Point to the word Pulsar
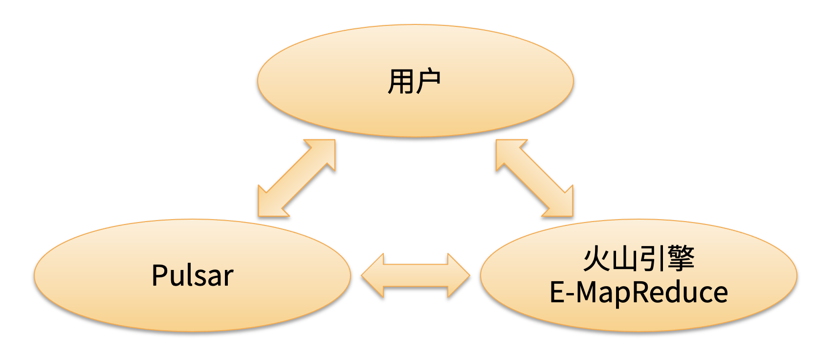click(x=192, y=275)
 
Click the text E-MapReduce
click(x=639, y=292)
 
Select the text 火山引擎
click(x=639, y=259)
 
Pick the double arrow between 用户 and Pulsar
click(x=297, y=178)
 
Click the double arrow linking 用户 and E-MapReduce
click(x=534, y=178)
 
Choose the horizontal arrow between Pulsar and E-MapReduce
click(x=416, y=275)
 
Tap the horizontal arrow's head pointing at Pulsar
click(x=374, y=275)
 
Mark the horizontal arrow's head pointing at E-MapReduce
click(x=458, y=275)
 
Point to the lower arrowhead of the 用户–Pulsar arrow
click(x=270, y=204)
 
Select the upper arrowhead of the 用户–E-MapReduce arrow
click(x=508, y=152)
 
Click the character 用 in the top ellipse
click(x=401, y=82)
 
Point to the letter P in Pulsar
click(x=160, y=275)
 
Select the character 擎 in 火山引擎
click(x=681, y=259)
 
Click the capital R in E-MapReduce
click(x=641, y=292)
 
